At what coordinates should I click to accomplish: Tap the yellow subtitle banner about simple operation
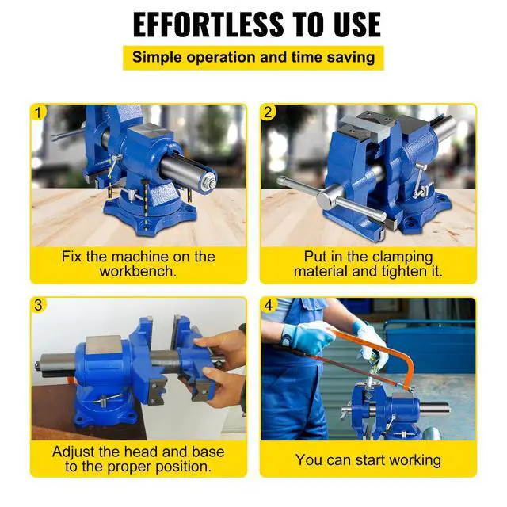click(x=253, y=57)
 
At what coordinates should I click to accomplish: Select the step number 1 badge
click(x=39, y=112)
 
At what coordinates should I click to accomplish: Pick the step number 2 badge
click(x=269, y=112)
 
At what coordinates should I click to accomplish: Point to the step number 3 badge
click(x=39, y=305)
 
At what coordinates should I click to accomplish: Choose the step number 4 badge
click(x=269, y=305)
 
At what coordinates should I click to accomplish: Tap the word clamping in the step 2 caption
click(x=398, y=257)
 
